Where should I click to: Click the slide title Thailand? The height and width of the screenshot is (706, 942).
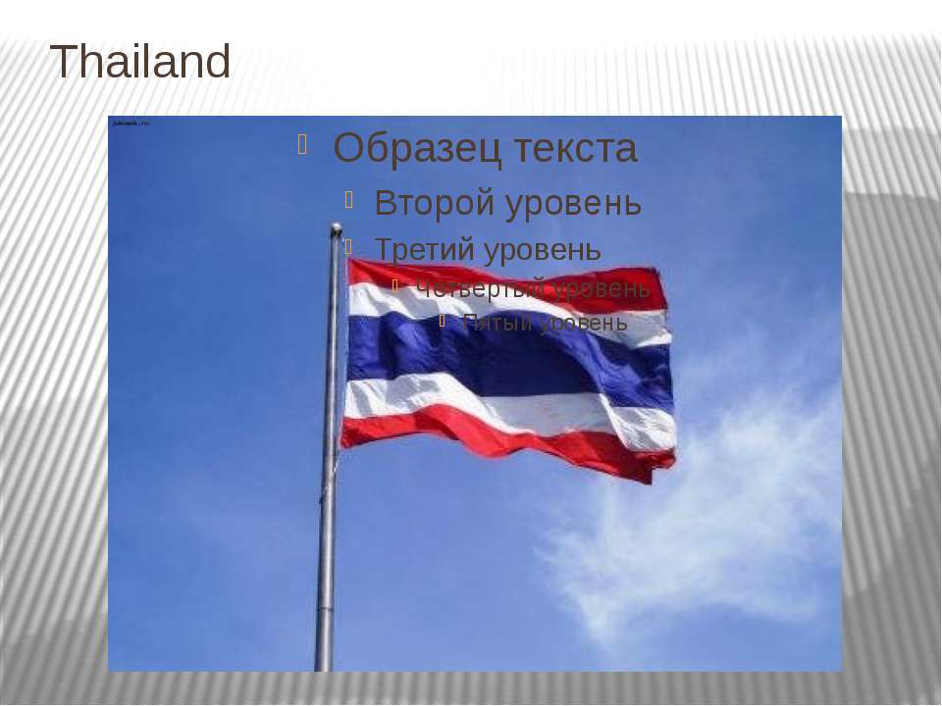coord(140,64)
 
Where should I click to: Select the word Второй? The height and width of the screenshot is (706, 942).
coord(434,203)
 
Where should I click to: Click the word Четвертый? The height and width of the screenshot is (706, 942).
coord(480,288)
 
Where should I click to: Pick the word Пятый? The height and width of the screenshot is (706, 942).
coord(497,323)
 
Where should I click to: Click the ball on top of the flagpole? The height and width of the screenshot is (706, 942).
coord(336,228)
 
